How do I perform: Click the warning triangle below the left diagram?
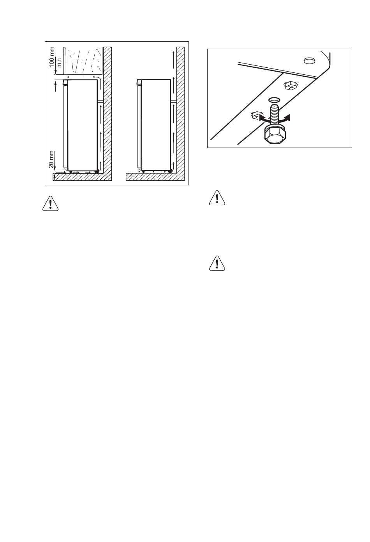pyautogui.click(x=50, y=203)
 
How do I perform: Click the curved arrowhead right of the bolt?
pyautogui.click(x=287, y=118)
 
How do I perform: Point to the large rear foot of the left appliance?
pyautogui.click(x=97, y=171)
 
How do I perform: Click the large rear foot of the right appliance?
pyautogui.click(x=170, y=171)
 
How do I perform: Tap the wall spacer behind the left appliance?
pyautogui.click(x=100, y=102)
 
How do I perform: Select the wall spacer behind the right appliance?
pyautogui.click(x=174, y=102)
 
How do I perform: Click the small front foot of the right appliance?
pyautogui.click(x=143, y=171)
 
